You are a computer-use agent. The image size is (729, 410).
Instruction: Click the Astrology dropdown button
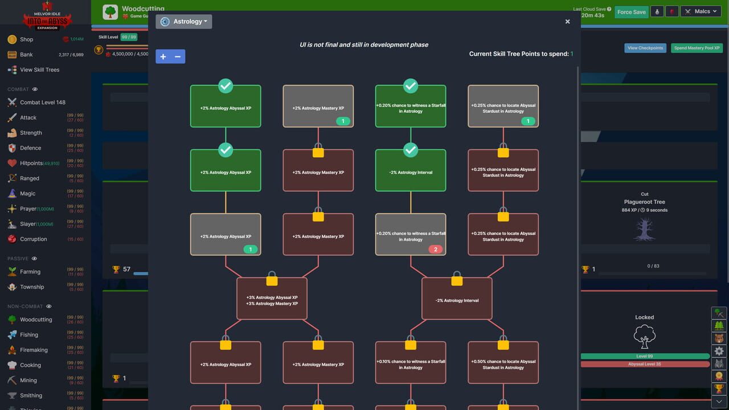183,22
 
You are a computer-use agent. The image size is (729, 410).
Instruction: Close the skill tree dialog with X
567,22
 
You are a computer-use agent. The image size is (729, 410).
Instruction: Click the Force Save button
631,12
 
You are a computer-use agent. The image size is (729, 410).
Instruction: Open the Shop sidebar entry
26,39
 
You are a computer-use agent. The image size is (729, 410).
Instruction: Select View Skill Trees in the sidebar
39,69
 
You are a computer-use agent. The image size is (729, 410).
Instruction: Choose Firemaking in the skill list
34,350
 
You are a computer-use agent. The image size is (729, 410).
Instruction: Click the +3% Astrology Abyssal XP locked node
272,300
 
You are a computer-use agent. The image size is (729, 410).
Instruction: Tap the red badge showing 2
436,249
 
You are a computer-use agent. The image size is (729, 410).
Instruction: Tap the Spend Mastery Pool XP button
697,48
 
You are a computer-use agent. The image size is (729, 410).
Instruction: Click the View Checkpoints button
645,48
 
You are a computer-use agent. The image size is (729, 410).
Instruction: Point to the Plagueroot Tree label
644,202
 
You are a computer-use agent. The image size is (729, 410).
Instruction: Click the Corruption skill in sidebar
33,239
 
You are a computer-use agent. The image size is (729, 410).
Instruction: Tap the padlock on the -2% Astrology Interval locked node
457,280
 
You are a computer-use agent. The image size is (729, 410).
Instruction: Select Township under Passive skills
31,287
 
